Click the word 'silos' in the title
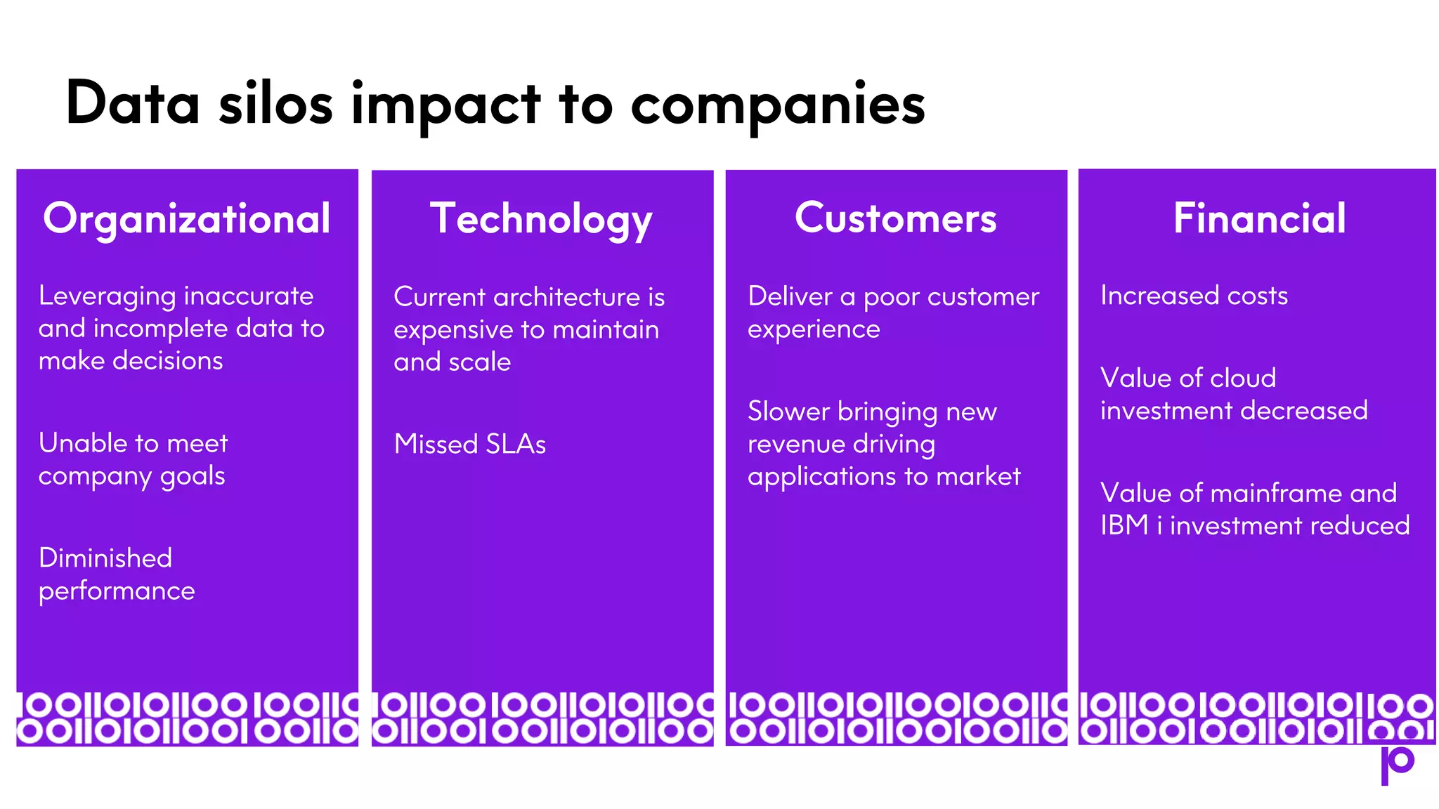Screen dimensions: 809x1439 click(275, 104)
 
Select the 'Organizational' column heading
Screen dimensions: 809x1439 click(187, 218)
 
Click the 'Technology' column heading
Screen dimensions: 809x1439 click(541, 219)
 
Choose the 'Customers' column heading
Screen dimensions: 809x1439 click(896, 218)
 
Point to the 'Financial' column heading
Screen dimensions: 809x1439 click(1259, 218)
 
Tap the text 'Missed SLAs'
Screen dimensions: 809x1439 click(469, 444)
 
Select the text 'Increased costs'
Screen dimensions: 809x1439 click(1194, 296)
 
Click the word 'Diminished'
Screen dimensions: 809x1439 click(105, 558)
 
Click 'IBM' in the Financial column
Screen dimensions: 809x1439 click(1124, 525)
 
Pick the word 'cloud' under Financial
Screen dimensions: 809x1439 click(1243, 379)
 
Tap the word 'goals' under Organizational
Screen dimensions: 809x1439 click(193, 476)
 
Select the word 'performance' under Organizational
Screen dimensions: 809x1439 click(117, 591)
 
